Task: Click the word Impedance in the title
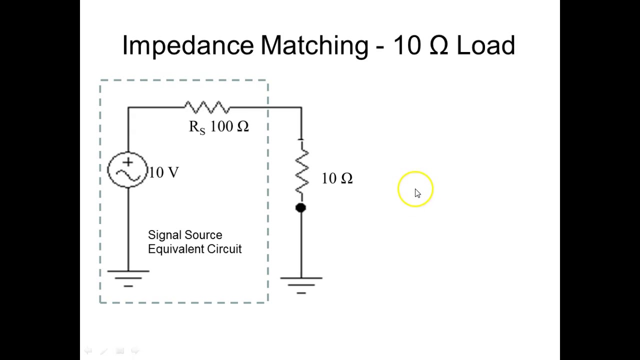pyautogui.click(x=188, y=45)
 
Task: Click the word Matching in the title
pyautogui.click(x=314, y=45)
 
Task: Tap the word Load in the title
pyautogui.click(x=485, y=45)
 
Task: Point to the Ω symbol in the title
pyautogui.click(x=438, y=45)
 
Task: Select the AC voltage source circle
pyautogui.click(x=127, y=170)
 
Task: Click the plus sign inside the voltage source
pyautogui.click(x=127, y=162)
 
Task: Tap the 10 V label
pyautogui.click(x=163, y=172)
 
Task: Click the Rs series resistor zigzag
pyautogui.click(x=207, y=107)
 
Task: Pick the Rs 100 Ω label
pyautogui.click(x=218, y=127)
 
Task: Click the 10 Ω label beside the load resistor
pyautogui.click(x=337, y=178)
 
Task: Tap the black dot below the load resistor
pyautogui.click(x=300, y=207)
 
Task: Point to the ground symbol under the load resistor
pyautogui.click(x=301, y=284)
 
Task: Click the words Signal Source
pyautogui.click(x=185, y=235)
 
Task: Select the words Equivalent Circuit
pyautogui.click(x=194, y=249)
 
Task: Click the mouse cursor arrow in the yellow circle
pyautogui.click(x=417, y=193)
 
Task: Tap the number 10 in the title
pyautogui.click(x=407, y=45)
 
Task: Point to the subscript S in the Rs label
pyautogui.click(x=202, y=131)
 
